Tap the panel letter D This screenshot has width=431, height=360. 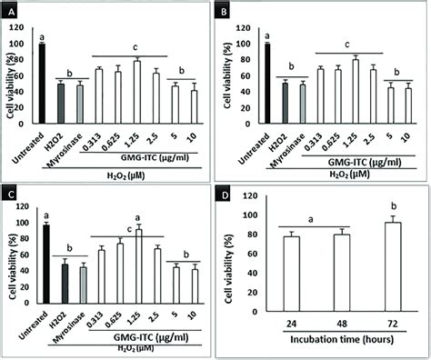227,194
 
